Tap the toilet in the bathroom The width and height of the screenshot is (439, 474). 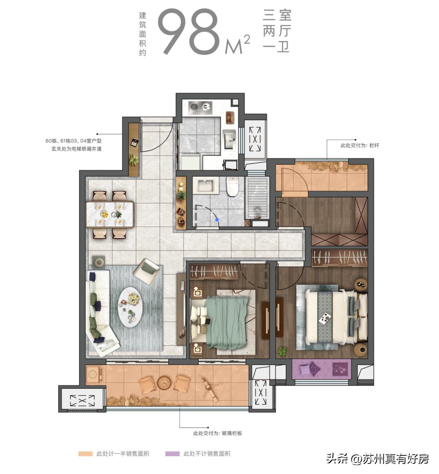click(232, 186)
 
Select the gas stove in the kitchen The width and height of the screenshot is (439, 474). click(200, 108)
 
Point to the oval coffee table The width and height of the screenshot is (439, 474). click(130, 306)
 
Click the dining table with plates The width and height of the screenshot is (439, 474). click(110, 214)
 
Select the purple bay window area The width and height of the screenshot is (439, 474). click(322, 369)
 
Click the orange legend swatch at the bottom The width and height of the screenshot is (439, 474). click(85, 454)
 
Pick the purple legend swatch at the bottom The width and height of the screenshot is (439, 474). click(172, 454)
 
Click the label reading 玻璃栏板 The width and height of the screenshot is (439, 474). click(232, 433)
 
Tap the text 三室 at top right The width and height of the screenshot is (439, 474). click(277, 15)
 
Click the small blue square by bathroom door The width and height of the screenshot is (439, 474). click(217, 220)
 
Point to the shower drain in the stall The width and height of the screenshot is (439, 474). click(257, 210)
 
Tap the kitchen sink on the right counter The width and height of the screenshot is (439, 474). click(229, 139)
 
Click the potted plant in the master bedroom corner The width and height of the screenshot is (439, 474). click(283, 351)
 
